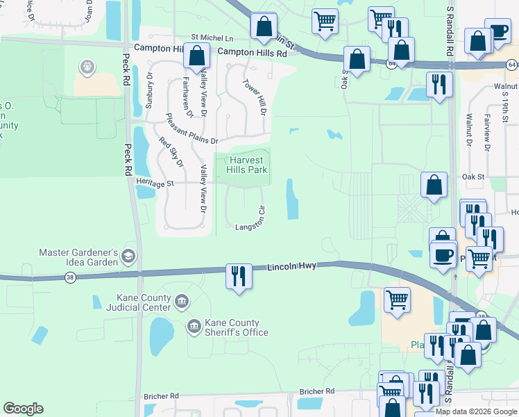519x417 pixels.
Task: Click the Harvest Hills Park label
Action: pos(248,165)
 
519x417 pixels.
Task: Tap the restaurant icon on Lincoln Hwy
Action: pos(238,277)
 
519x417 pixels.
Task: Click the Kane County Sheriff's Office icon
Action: pos(193,325)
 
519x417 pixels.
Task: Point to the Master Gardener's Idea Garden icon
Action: pos(128,256)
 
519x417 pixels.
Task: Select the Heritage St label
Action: pos(153,183)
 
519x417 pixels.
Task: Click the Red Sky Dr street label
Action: pos(171,152)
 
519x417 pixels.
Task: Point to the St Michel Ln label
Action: pos(212,38)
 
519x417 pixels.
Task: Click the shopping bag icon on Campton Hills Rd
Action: pos(197,56)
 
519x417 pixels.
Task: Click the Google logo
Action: pos(23,409)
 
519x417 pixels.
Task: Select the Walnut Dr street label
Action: pos(469,131)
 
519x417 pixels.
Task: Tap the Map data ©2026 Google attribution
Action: pos(476,411)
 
